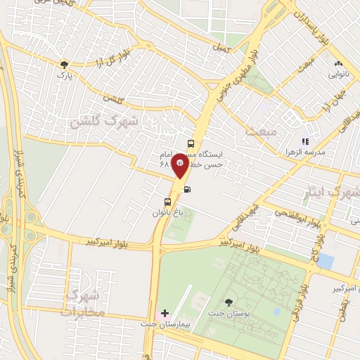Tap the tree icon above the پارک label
pyautogui.click(x=64, y=63)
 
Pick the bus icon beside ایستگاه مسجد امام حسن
pyautogui.click(x=191, y=143)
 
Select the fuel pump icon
pyautogui.click(x=186, y=188)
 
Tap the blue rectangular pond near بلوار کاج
pyautogui.click(x=325, y=262)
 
